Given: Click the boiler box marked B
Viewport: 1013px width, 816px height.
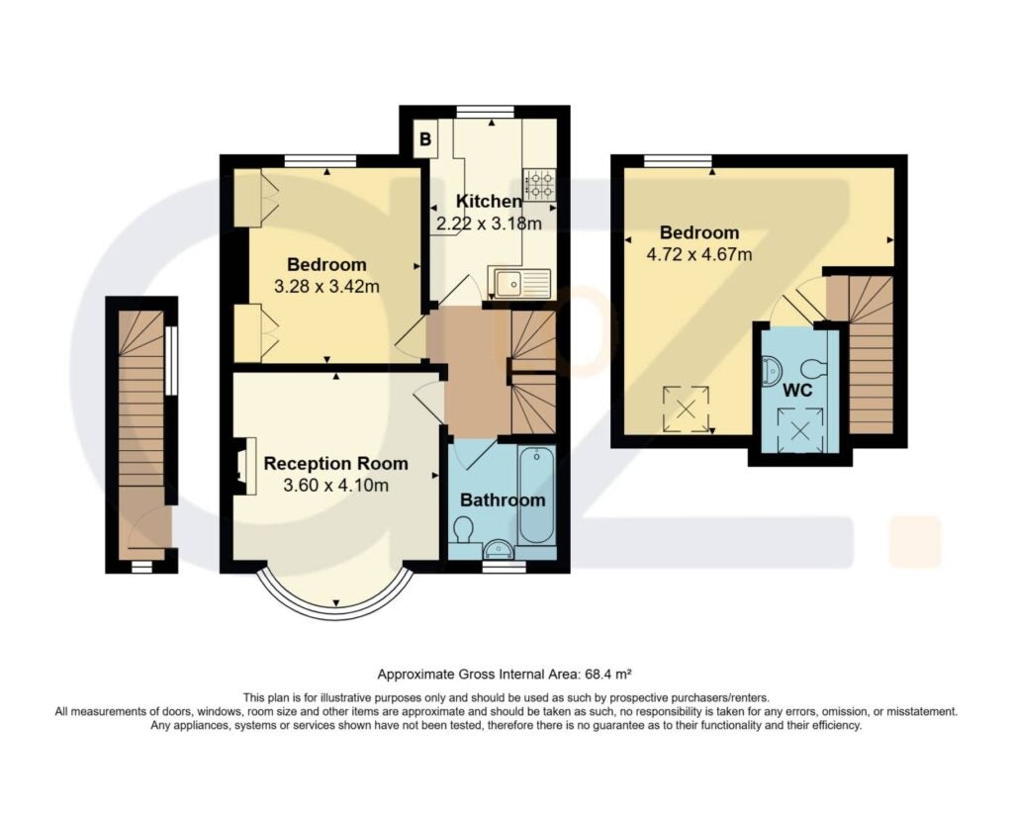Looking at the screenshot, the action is (425, 138).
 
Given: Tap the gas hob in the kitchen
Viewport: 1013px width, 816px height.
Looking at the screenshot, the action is (539, 184).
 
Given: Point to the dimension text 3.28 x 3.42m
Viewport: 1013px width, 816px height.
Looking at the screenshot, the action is (326, 286).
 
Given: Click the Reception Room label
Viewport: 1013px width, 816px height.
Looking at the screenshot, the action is (336, 463).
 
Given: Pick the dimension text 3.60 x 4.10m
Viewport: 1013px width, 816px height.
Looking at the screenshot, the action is (336, 485).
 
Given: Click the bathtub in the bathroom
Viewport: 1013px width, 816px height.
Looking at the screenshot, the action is (536, 496).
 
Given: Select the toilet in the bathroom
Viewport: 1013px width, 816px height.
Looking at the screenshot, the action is (463, 531).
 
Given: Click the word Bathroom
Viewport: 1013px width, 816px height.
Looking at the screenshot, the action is (503, 500).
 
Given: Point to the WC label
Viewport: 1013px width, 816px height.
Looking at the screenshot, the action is (797, 391).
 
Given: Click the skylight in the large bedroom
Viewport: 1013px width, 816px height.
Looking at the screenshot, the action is (687, 408).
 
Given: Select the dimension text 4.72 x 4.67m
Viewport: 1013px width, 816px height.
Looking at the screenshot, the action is (699, 254).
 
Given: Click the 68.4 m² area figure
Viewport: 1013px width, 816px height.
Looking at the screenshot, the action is (607, 676).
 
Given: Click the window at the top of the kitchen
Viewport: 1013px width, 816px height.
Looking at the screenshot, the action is (486, 111).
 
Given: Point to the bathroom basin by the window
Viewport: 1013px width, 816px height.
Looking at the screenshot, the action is (499, 549).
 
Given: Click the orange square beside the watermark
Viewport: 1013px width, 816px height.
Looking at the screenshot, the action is (915, 541).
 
